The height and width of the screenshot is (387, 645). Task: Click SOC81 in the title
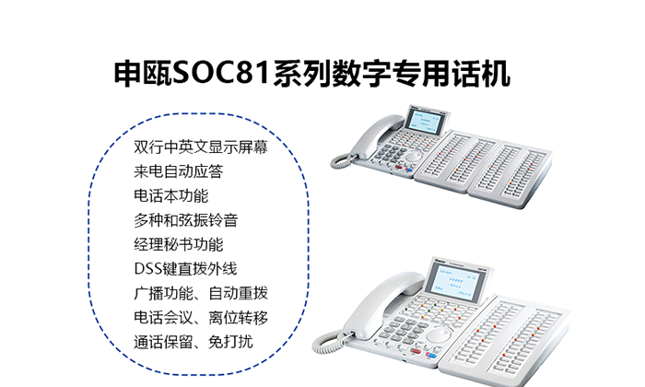click(221, 74)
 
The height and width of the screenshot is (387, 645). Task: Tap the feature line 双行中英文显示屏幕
click(201, 147)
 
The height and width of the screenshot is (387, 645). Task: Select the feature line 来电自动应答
click(178, 171)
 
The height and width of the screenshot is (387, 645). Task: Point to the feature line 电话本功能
click(170, 195)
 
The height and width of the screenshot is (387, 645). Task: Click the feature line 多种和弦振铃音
click(185, 220)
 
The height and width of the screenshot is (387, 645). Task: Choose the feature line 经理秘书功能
click(178, 244)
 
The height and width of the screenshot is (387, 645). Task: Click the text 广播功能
click(163, 293)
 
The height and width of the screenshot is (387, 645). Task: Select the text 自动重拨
click(238, 293)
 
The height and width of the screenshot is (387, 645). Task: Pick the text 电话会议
click(163, 318)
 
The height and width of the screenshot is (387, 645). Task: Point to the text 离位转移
click(238, 318)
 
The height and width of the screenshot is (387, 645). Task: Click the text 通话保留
click(163, 342)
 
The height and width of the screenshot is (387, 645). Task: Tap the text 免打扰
click(230, 342)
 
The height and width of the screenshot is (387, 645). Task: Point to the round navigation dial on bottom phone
click(437, 334)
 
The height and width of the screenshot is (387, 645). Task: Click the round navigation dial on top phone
click(414, 157)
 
